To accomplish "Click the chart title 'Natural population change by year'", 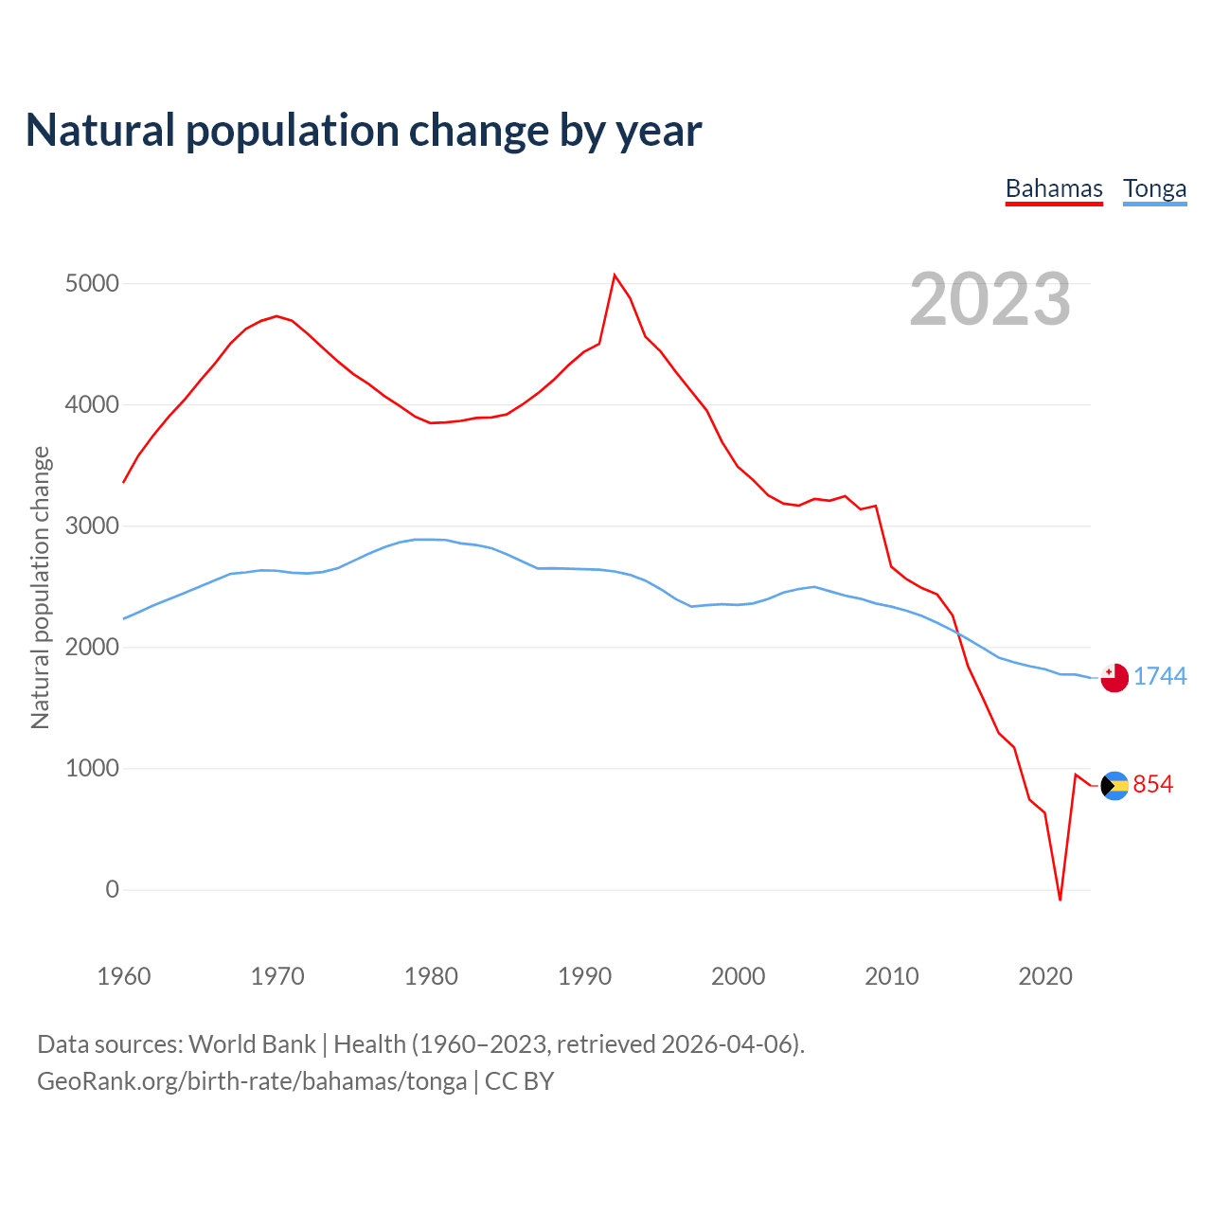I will tap(364, 131).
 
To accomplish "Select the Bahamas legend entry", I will tap(1054, 188).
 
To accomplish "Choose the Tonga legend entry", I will tap(1154, 188).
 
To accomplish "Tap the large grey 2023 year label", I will tap(989, 299).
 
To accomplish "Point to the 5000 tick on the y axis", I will tap(92, 283).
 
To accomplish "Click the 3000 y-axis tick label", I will tap(92, 526).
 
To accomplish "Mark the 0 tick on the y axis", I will tap(113, 889).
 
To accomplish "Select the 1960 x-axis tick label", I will tap(124, 976).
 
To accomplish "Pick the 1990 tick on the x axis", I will tap(584, 976).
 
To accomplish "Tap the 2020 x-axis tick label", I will tap(1044, 976).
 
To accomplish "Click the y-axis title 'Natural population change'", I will tap(41, 587).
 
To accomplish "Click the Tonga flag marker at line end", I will tap(1114, 678).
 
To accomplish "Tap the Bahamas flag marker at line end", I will tap(1114, 786).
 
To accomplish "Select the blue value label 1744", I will tap(1160, 676).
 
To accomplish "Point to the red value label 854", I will tap(1153, 784).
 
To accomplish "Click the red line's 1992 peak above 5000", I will tap(615, 276).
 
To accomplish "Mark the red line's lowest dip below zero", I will tap(1060, 900).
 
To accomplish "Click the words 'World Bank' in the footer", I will tap(252, 1044).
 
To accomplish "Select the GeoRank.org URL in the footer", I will tap(252, 1081).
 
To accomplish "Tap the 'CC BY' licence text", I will tap(519, 1081).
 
